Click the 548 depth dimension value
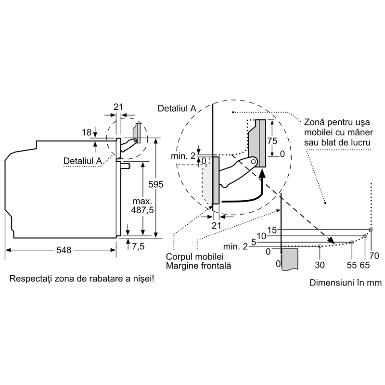click(64, 250)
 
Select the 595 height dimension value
click(155, 184)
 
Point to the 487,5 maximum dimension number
click(142, 210)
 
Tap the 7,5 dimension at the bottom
click(138, 246)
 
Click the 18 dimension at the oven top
click(87, 133)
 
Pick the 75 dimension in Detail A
click(272, 141)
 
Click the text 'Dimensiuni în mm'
click(346, 282)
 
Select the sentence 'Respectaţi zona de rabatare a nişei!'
click(82, 279)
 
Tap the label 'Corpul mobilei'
click(195, 257)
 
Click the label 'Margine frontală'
click(198, 266)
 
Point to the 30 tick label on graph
click(320, 265)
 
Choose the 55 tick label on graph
click(352, 265)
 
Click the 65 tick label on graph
click(365, 265)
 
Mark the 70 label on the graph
click(374, 256)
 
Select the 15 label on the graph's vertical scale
click(272, 230)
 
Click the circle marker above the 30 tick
click(320, 246)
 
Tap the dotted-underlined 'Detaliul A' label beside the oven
click(82, 161)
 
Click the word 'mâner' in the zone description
click(359, 133)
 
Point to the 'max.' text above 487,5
click(142, 201)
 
